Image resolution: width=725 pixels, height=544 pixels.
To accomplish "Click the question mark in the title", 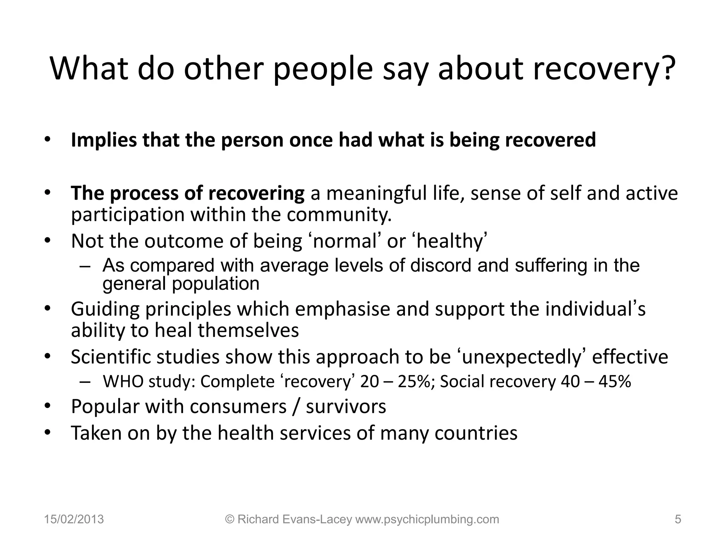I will coord(667,68).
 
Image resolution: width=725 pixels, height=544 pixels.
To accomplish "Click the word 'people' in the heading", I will coord(323,69).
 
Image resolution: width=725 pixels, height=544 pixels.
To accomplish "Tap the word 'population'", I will coord(216,283).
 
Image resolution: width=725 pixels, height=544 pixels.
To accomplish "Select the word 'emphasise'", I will coord(342,309).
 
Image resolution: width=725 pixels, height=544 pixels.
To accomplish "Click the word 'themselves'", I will coord(248,330).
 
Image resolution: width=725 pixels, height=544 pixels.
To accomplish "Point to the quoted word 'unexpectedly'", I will coord(522,357).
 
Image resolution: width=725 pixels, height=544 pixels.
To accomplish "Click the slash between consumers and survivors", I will coord(296,407).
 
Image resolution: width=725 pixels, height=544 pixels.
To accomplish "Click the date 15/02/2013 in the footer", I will coord(74,519).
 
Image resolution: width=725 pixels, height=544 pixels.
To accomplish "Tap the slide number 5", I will coord(678,519).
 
